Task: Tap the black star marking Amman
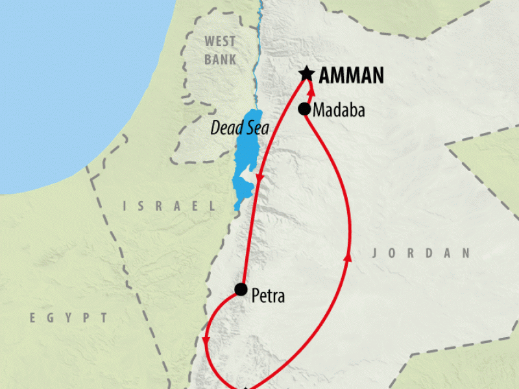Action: click(307, 73)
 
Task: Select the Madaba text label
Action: click(338, 111)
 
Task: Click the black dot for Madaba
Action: click(304, 109)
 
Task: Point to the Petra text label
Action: click(267, 298)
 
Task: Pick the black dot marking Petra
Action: click(241, 289)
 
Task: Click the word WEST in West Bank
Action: click(220, 42)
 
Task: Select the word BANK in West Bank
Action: click(220, 60)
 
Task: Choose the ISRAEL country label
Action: click(169, 206)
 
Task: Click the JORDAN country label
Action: click(420, 253)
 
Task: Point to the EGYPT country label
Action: click(68, 318)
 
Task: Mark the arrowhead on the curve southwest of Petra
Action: click(206, 341)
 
